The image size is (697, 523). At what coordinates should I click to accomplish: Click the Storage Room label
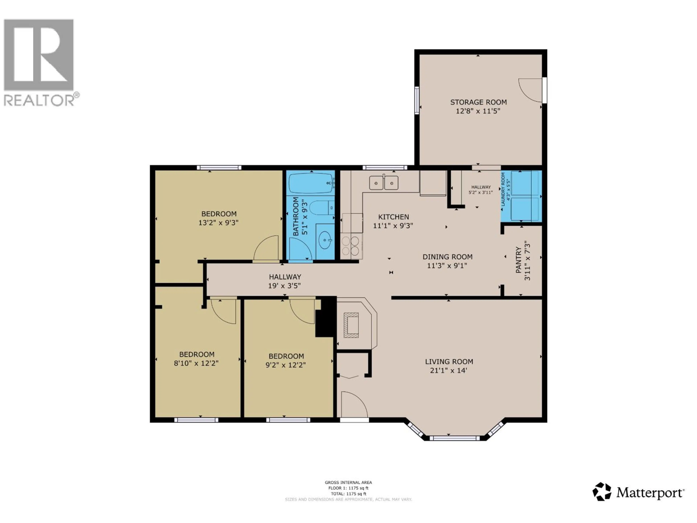478,102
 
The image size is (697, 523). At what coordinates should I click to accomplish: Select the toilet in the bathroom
321,208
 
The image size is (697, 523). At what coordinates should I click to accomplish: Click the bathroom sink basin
325,242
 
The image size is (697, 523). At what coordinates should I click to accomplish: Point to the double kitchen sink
384,183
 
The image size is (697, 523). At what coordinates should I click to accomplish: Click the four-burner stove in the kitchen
351,246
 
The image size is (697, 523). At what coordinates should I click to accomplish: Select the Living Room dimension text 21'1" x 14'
448,370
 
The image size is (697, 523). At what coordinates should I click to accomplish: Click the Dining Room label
447,257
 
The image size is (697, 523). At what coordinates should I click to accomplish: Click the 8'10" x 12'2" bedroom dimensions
196,363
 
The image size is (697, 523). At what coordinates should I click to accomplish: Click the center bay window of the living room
454,438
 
